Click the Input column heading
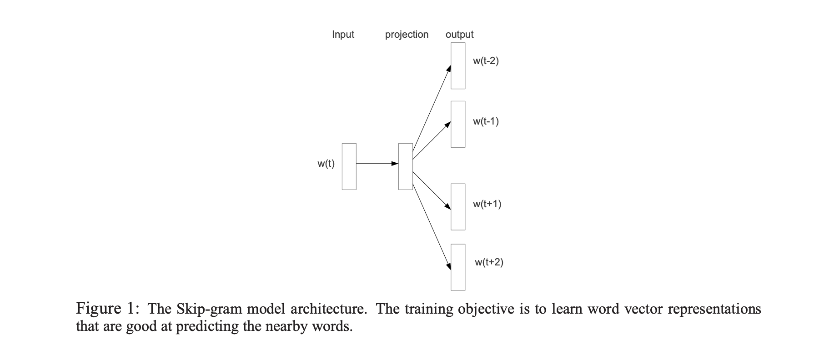[x=343, y=35]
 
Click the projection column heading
[x=407, y=35]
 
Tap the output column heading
[x=459, y=35]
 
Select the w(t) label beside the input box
[x=326, y=164]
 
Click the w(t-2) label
[x=486, y=61]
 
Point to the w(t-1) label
[x=486, y=121]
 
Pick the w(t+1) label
[x=487, y=204]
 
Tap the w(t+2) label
[x=489, y=262]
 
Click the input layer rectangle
[x=349, y=166]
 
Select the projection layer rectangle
[x=405, y=166]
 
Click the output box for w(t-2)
[x=458, y=66]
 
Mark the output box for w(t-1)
[x=458, y=124]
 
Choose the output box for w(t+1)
[x=458, y=207]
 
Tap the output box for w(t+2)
[x=458, y=267]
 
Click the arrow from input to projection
[x=377, y=164]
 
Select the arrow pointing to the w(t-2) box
[x=432, y=105]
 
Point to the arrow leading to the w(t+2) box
[x=432, y=227]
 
